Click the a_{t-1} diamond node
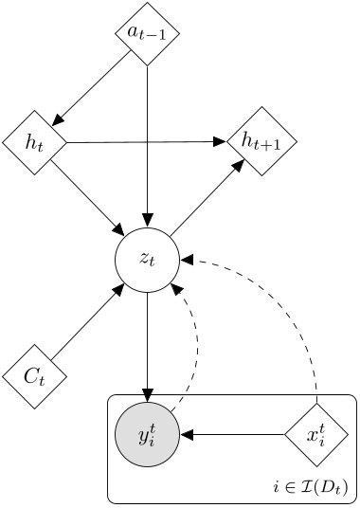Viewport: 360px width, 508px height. [147, 33]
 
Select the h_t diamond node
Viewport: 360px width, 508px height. [35, 144]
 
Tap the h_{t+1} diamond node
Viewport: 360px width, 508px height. [261, 142]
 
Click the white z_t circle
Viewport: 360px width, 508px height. [147, 259]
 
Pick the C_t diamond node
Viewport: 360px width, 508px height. [35, 376]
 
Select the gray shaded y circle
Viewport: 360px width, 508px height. [147, 435]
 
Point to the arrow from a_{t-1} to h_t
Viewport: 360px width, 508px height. [92, 87]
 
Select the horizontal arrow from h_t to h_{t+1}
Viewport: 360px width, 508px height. [142, 143]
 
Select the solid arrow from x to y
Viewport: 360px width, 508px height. [232, 435]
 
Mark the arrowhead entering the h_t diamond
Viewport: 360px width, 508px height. [58, 120]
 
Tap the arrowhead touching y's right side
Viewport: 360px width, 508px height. [186, 435]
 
